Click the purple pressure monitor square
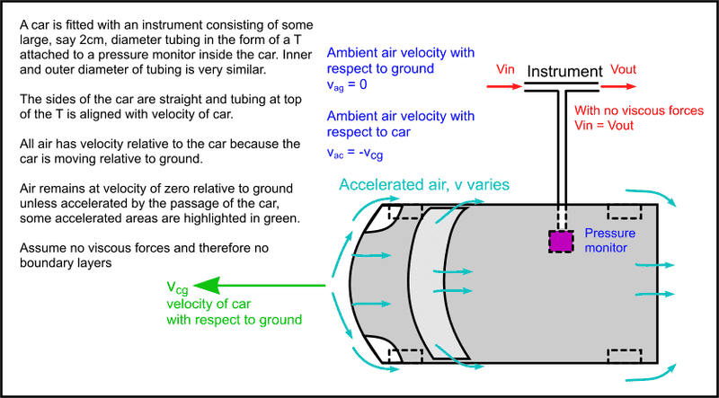pos(562,241)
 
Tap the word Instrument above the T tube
pos(564,70)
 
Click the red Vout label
pos(626,69)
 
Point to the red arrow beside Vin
pos(502,88)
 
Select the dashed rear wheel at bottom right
pos(626,352)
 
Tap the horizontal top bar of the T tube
pos(563,88)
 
